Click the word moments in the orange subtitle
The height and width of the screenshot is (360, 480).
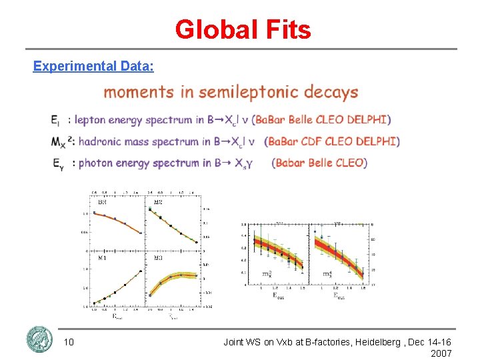click(139, 92)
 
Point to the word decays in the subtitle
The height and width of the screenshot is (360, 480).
click(331, 92)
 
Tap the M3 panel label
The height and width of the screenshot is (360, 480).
click(158, 257)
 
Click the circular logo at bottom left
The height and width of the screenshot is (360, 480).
click(39, 340)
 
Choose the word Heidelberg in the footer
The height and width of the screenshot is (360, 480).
click(369, 342)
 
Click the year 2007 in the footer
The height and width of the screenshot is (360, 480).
click(441, 353)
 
